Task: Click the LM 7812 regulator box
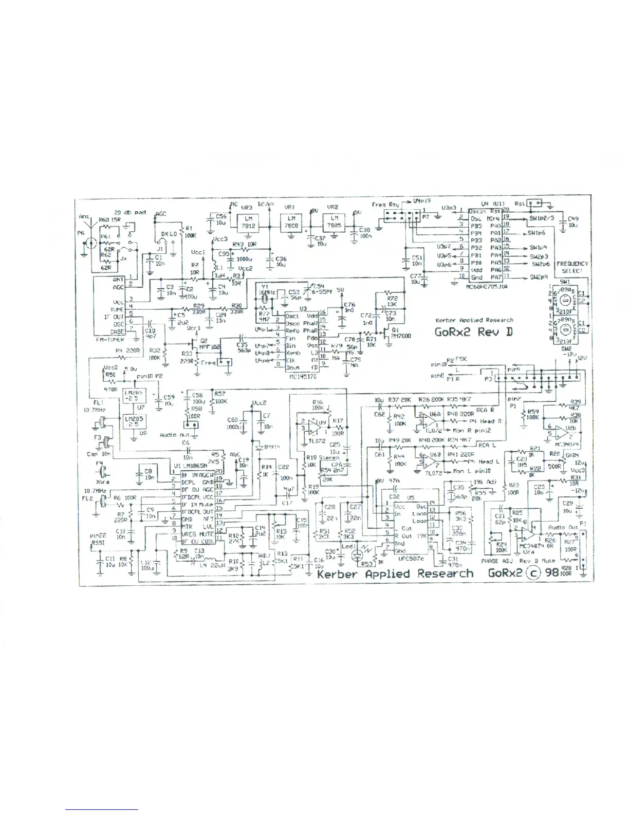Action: pos(248,223)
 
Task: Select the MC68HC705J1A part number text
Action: pos(486,286)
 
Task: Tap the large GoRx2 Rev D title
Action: pos(473,331)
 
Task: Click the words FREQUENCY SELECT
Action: pos(572,267)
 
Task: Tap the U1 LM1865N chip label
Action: pos(195,466)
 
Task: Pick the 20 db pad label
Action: pos(129,212)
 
